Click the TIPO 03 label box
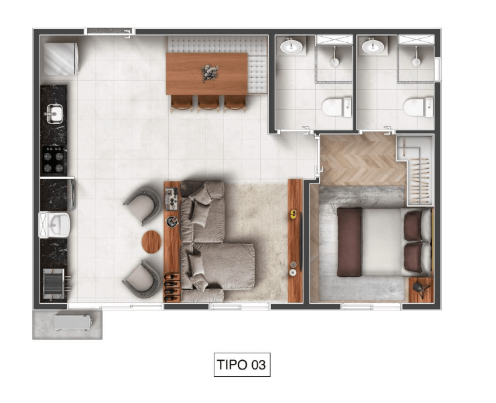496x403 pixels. [x=242, y=364]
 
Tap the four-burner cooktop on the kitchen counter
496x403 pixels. [x=54, y=160]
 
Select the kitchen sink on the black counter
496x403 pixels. [x=54, y=113]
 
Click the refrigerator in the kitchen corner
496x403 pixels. [x=60, y=59]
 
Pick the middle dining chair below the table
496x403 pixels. [x=208, y=103]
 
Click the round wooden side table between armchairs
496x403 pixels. [x=151, y=241]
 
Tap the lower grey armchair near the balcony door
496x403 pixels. [x=141, y=279]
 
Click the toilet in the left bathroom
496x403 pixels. [x=336, y=107]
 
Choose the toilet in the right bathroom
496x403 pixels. [x=418, y=107]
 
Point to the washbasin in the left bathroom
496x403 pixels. [x=291, y=46]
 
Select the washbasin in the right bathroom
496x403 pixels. [x=373, y=46]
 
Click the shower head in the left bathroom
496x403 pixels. [x=334, y=60]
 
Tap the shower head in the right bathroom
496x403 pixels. [x=416, y=60]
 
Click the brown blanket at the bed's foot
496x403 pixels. [x=349, y=242]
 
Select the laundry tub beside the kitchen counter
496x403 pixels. [x=54, y=225]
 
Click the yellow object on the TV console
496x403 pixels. [x=294, y=214]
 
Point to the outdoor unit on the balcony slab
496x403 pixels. [x=72, y=323]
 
